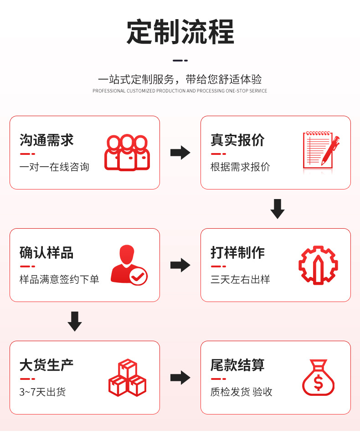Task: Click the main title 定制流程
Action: [180, 31]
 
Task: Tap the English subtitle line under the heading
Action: [180, 91]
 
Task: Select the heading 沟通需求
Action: [46, 140]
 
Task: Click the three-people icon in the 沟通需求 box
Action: [127, 153]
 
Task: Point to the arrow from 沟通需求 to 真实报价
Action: [180, 153]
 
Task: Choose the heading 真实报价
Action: [237, 140]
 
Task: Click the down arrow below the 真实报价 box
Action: [277, 209]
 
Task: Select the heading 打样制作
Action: [237, 252]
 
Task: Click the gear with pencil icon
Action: [319, 265]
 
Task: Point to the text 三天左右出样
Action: [240, 279]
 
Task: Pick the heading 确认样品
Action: [46, 252]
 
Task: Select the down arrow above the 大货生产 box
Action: [75, 321]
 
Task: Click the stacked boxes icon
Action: [127, 378]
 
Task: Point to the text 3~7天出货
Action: [42, 392]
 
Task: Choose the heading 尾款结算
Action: [237, 365]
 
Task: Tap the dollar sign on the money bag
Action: [319, 383]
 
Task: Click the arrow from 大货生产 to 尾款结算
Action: [180, 378]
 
